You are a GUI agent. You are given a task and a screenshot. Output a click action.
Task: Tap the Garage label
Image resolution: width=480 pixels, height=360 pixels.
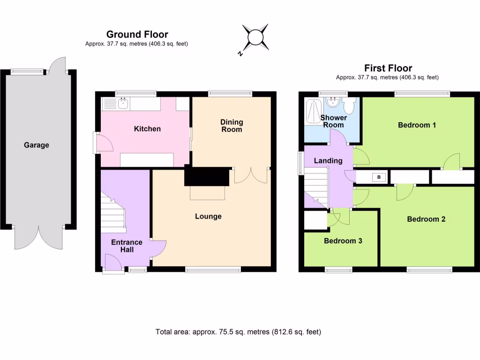pyautogui.click(x=37, y=145)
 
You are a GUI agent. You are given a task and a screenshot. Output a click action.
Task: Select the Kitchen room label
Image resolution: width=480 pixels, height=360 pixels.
pyautogui.click(x=147, y=129)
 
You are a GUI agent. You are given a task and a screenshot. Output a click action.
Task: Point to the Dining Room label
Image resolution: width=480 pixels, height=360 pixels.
pyautogui.click(x=232, y=126)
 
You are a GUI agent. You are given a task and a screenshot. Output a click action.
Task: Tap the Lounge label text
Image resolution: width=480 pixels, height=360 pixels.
pyautogui.click(x=208, y=217)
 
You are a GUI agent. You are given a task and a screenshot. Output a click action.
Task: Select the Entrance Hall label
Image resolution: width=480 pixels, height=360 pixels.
pyautogui.click(x=127, y=246)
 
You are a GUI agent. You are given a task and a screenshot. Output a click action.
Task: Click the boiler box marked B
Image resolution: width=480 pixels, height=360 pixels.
pyautogui.click(x=378, y=177)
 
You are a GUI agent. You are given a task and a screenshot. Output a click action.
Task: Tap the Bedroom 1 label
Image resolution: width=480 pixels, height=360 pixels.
pyautogui.click(x=417, y=125)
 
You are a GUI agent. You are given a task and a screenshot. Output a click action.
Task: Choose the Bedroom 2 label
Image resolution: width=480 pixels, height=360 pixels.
pyautogui.click(x=426, y=219)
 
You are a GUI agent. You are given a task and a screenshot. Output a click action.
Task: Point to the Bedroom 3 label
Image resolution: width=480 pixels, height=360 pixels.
pyautogui.click(x=343, y=241)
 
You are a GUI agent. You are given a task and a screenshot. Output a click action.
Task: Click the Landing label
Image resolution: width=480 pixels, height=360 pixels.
pyautogui.click(x=328, y=161)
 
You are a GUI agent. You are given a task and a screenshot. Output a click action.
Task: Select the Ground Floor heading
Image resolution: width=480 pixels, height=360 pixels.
pyautogui.click(x=137, y=34)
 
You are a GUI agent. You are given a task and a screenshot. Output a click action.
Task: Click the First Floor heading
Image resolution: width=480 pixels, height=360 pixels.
pyautogui.click(x=388, y=68)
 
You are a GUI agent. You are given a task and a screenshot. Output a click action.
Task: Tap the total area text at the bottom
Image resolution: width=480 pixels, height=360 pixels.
pyautogui.click(x=238, y=332)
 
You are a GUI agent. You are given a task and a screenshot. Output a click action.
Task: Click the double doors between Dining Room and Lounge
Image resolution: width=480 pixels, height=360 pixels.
pyautogui.click(x=252, y=175)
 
